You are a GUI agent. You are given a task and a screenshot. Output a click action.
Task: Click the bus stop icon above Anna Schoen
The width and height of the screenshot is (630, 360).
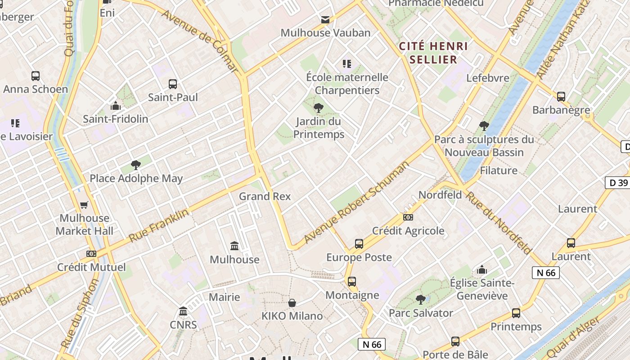pos(36,76)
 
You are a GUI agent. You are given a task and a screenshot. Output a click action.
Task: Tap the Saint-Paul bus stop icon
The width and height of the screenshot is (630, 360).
pos(173,84)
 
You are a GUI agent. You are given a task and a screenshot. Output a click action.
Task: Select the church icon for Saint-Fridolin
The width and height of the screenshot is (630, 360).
pos(116,106)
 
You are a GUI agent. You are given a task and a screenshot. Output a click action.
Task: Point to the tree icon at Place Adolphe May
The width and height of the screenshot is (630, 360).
pos(136,165)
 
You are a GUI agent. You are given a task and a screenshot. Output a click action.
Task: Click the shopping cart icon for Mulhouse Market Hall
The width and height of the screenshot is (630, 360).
pos(84,205)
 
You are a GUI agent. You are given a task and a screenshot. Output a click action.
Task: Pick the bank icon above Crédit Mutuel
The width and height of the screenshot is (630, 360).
pos(91,254)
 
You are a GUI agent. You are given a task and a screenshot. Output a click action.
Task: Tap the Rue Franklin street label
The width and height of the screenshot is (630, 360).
pos(158,225)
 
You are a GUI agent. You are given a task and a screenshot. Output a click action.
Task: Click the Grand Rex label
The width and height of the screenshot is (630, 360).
pos(265,196)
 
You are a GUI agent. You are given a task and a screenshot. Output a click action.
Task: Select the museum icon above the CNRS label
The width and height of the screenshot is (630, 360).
pos(183,311)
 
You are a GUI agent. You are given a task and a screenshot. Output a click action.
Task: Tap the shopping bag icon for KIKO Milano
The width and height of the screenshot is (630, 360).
pos(292,303)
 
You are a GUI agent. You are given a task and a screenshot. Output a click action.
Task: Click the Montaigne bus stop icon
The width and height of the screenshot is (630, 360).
pos(352,282)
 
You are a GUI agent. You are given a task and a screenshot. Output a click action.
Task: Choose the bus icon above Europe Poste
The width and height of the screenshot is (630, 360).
pos(359,244)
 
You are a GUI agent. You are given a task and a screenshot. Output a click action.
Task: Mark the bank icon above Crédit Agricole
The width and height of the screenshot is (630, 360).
pos(408,217)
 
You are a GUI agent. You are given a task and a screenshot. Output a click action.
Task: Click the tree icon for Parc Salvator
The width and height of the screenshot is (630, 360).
pos(421,299)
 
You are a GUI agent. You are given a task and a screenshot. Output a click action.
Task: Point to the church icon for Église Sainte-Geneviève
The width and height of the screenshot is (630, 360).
pos(482,270)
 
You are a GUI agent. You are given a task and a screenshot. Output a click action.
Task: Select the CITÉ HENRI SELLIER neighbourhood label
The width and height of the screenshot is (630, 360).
pos(434,53)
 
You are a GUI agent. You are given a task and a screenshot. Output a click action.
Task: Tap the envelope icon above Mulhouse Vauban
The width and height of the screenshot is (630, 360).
pos(325,20)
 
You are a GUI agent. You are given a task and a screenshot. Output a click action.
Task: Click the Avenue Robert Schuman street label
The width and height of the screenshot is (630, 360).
pos(356,202)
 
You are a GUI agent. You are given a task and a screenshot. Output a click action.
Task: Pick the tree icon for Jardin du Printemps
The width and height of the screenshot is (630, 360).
pos(319,108)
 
